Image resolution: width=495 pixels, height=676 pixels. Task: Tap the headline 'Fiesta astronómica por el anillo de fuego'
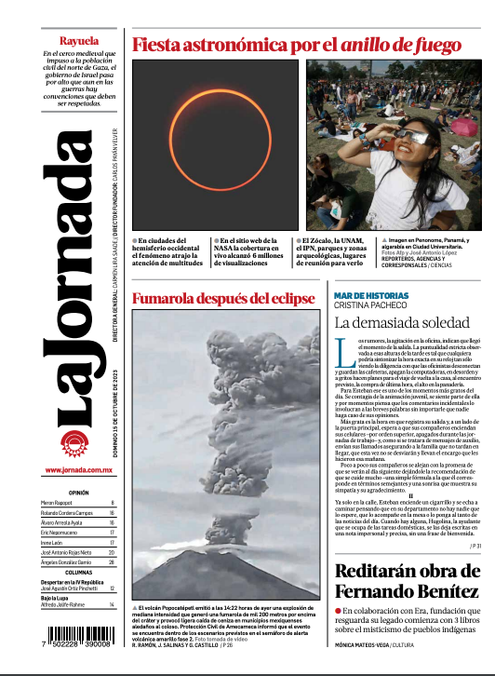click(x=297, y=45)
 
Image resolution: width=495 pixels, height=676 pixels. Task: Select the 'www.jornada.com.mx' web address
click(x=79, y=470)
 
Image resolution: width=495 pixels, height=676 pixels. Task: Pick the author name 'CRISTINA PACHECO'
click(x=370, y=305)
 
